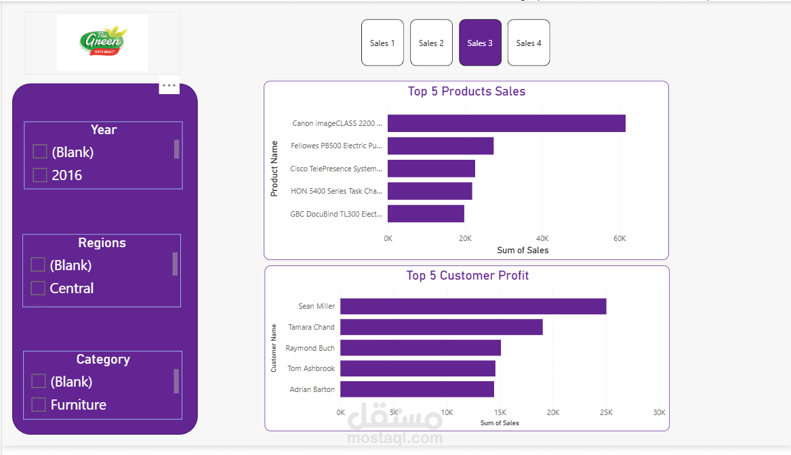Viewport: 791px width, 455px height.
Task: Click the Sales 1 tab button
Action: tap(382, 43)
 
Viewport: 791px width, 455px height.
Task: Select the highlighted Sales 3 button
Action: tap(480, 43)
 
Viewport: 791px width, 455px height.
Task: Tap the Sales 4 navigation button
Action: tap(529, 43)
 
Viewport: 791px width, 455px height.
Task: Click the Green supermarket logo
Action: tap(102, 43)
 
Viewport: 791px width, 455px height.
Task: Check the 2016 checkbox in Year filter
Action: tap(40, 175)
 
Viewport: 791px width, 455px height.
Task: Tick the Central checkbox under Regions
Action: tap(38, 288)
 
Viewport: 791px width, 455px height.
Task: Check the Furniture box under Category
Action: tap(39, 405)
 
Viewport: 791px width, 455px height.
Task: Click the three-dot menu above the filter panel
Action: tap(169, 86)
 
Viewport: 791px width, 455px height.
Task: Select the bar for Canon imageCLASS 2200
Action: tap(506, 123)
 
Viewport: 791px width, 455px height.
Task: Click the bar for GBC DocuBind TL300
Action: tap(426, 214)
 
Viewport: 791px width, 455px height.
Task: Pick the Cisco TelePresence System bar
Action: tap(431, 169)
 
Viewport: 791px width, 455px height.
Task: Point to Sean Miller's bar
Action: tap(473, 307)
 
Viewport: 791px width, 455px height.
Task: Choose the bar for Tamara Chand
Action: tap(441, 327)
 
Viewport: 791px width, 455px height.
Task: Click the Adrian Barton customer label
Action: tap(312, 389)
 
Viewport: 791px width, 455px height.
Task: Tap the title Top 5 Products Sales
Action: tap(466, 91)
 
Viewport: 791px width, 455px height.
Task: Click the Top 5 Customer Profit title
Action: tap(468, 276)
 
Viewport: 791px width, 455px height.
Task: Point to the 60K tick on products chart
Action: tap(620, 238)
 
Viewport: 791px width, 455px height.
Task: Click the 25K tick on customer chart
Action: tap(606, 412)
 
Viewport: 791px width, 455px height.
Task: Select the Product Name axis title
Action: tap(275, 169)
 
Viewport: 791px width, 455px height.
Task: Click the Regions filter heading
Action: tap(102, 243)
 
